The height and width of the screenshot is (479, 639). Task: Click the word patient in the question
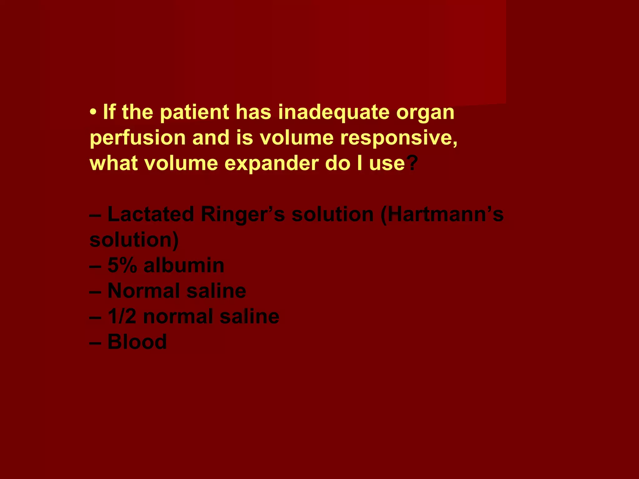pyautogui.click(x=194, y=113)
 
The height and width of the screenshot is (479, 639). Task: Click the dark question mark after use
pyautogui.click(x=412, y=163)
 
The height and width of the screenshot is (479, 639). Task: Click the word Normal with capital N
pyautogui.click(x=144, y=291)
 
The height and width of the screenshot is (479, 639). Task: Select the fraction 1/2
pyautogui.click(x=122, y=317)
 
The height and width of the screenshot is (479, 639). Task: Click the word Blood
pyautogui.click(x=137, y=342)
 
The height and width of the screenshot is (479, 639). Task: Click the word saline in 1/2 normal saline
pyautogui.click(x=249, y=317)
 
